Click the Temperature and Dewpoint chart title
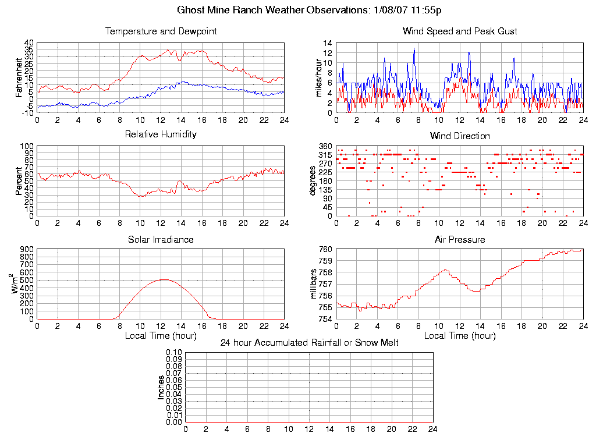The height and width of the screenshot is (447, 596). tap(161, 31)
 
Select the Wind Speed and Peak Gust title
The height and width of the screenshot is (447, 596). tap(460, 31)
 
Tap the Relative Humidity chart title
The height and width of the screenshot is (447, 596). tap(161, 134)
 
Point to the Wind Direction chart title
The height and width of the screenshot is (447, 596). tap(460, 136)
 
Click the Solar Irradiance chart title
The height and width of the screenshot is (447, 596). tap(161, 239)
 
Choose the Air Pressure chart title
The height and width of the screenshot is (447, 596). tap(460, 240)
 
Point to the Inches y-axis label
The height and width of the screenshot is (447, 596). tap(161, 387)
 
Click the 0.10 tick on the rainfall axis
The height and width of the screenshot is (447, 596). tap(174, 353)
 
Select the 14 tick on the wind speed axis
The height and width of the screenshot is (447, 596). tap(328, 43)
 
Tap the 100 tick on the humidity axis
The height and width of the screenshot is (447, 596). tap(27, 146)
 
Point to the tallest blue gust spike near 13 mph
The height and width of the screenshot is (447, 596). tap(414, 48)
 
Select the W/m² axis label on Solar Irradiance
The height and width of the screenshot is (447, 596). tap(18, 284)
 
